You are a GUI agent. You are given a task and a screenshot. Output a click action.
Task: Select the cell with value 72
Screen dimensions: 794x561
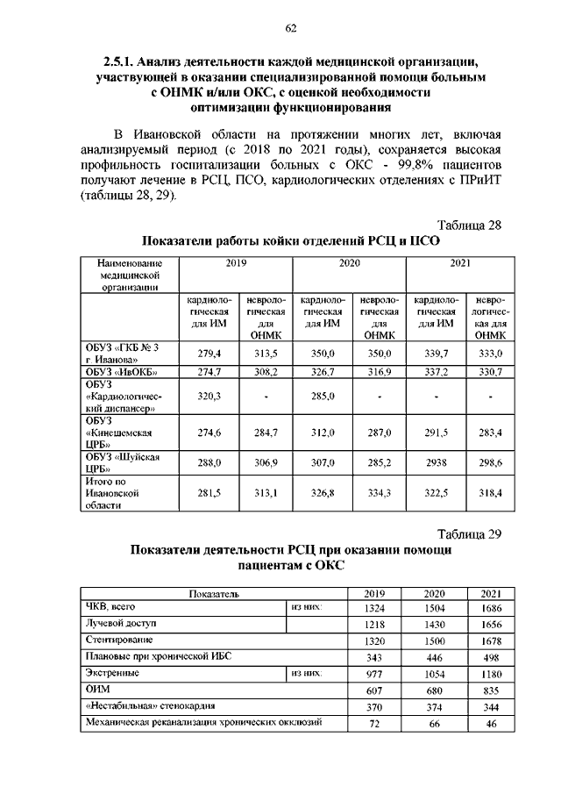coord(373,724)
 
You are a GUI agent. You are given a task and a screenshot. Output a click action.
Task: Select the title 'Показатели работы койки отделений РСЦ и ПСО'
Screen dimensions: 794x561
coord(290,241)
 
